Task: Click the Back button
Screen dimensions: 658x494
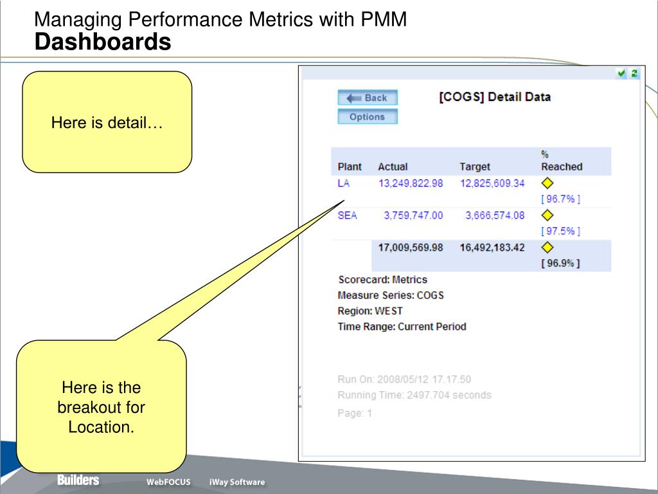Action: click(x=368, y=98)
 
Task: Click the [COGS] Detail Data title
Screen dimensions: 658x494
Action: click(x=495, y=97)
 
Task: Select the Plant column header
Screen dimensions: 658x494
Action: click(x=350, y=167)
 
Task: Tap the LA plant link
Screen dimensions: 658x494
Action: click(x=344, y=183)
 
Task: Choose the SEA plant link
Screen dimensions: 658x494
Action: click(x=347, y=215)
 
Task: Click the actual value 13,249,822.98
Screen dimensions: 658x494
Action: click(x=410, y=183)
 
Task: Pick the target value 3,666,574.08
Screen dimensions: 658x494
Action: click(x=494, y=215)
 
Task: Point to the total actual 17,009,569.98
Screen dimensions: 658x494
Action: click(x=410, y=248)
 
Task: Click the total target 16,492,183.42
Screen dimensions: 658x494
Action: click(x=492, y=248)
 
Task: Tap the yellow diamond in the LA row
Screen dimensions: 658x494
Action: click(x=548, y=184)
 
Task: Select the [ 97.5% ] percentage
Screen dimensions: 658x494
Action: click(x=560, y=231)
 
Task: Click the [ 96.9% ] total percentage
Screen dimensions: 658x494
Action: click(x=560, y=263)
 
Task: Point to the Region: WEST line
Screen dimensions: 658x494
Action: click(x=370, y=311)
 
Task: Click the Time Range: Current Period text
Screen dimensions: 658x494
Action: click(x=402, y=326)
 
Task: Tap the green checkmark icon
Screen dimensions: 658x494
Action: click(x=621, y=73)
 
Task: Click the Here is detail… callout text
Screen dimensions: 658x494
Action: click(x=107, y=122)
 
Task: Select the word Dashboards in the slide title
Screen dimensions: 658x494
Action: click(x=103, y=42)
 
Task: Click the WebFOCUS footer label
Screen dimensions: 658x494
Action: click(x=168, y=482)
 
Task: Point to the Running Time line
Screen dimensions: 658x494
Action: click(x=414, y=395)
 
